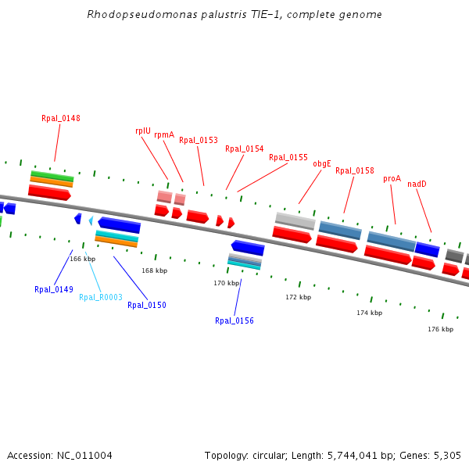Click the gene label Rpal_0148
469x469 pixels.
pyautogui.click(x=61, y=119)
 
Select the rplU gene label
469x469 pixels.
pyautogui.click(x=142, y=131)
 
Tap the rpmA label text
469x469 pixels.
pyautogui.click(x=164, y=134)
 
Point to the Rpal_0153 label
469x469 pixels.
pyautogui.click(x=199, y=141)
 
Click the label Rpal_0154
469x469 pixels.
pyautogui.click(x=245, y=149)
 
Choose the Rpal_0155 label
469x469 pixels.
pyautogui.click(x=288, y=157)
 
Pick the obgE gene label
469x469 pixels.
pyautogui.click(x=322, y=164)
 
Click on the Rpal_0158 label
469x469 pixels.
pyautogui.click(x=355, y=170)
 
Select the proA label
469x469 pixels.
pyautogui.click(x=392, y=178)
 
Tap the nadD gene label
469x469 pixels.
pyautogui.click(x=417, y=184)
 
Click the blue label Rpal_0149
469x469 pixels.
pyautogui.click(x=54, y=289)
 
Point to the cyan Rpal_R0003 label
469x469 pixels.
pyautogui.click(x=101, y=297)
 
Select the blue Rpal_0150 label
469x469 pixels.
pyautogui.click(x=147, y=305)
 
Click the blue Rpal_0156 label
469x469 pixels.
pyautogui.click(x=234, y=320)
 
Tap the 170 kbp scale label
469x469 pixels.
pyautogui.click(x=226, y=283)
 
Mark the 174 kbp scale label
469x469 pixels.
pyautogui.click(x=369, y=313)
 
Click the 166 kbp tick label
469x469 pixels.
pyautogui.click(x=82, y=259)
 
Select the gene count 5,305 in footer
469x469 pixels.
pyautogui.click(x=447, y=455)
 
